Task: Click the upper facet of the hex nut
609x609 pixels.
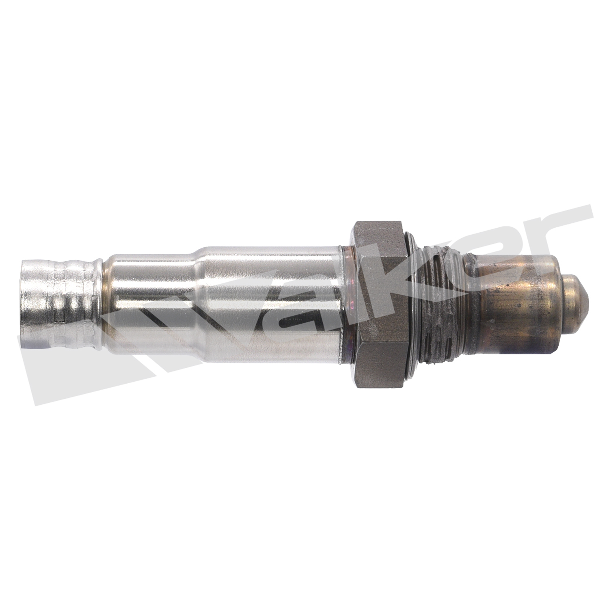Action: (380, 240)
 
